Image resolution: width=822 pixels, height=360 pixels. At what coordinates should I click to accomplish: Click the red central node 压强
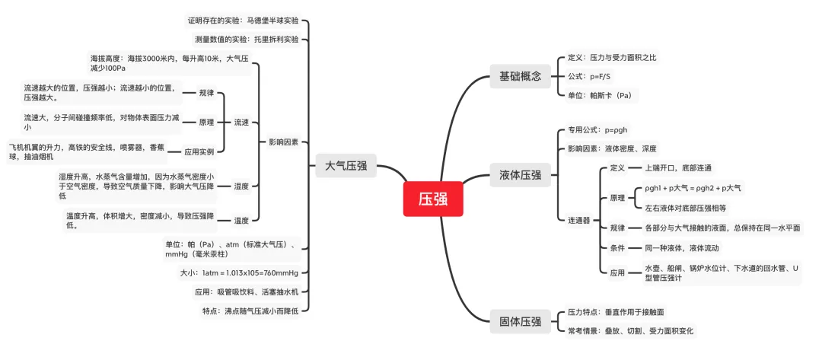[432, 200]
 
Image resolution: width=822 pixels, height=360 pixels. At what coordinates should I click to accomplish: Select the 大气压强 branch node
[346, 166]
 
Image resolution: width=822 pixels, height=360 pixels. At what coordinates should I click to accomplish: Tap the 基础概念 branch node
[520, 75]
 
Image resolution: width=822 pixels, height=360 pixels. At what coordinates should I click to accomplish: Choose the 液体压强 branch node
[520, 175]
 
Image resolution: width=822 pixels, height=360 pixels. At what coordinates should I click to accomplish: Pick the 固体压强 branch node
[520, 321]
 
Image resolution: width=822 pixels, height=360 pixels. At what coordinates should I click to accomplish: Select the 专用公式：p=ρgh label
[598, 130]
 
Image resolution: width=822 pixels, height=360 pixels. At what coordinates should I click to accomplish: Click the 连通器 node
[579, 220]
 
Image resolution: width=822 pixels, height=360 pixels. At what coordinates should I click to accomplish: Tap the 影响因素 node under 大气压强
[284, 142]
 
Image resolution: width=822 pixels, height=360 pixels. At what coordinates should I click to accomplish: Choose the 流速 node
[241, 122]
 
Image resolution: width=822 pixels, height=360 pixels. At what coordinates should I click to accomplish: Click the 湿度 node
[241, 186]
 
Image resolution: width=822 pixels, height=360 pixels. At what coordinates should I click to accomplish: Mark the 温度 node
[241, 221]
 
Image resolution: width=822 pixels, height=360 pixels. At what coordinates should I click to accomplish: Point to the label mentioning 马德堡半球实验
[243, 20]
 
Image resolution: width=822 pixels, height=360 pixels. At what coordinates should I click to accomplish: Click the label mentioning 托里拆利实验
[247, 39]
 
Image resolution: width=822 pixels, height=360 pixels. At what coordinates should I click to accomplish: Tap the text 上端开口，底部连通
[678, 167]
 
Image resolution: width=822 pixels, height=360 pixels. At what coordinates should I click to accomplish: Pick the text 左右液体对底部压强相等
[686, 207]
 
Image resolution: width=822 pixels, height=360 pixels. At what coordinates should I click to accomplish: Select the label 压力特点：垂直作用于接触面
[616, 312]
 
